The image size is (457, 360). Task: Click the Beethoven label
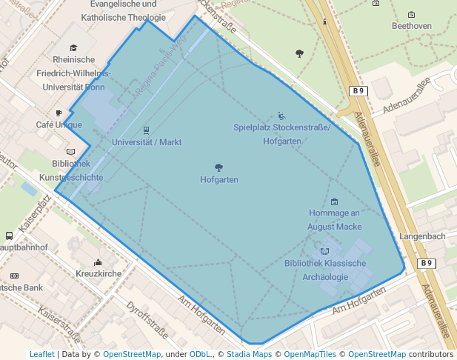pyautogui.click(x=411, y=26)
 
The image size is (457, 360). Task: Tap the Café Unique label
pyautogui.click(x=59, y=125)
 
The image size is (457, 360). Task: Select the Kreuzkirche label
pyautogui.click(x=99, y=274)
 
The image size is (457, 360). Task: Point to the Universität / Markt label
pyautogui.click(x=147, y=141)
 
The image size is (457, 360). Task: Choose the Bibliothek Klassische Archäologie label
pyautogui.click(x=325, y=270)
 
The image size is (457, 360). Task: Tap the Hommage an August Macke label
pyautogui.click(x=336, y=220)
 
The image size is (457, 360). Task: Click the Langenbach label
pyautogui.click(x=422, y=236)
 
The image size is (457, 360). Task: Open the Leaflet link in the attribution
pyautogui.click(x=41, y=355)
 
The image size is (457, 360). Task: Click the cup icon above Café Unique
pyautogui.click(x=59, y=113)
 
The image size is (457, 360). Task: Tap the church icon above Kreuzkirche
pyautogui.click(x=99, y=261)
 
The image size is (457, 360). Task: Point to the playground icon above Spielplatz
pyautogui.click(x=281, y=116)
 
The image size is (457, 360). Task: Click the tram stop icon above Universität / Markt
pyautogui.click(x=146, y=130)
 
